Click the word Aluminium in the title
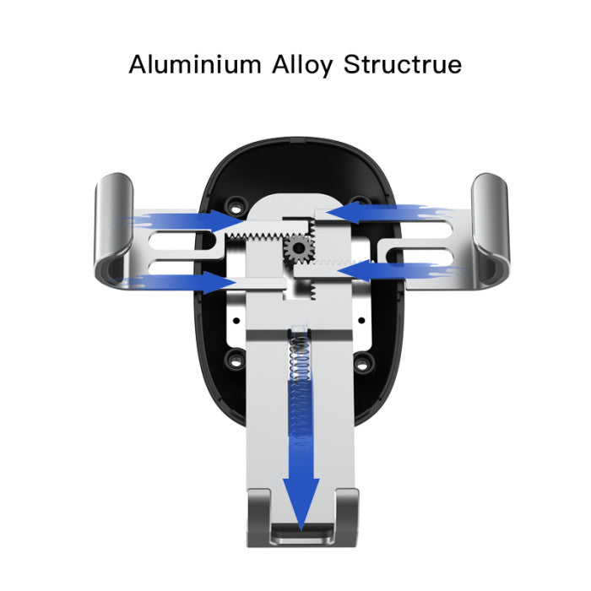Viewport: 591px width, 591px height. (x=194, y=64)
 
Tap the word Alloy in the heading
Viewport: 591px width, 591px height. (x=302, y=66)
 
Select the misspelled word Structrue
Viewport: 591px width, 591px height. (x=403, y=64)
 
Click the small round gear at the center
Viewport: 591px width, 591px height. (x=299, y=248)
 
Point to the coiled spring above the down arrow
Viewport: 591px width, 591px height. (x=301, y=357)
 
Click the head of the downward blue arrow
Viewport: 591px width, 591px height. (x=301, y=504)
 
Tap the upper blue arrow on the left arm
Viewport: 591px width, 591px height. (x=181, y=220)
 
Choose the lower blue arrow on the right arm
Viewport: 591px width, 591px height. (x=399, y=271)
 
